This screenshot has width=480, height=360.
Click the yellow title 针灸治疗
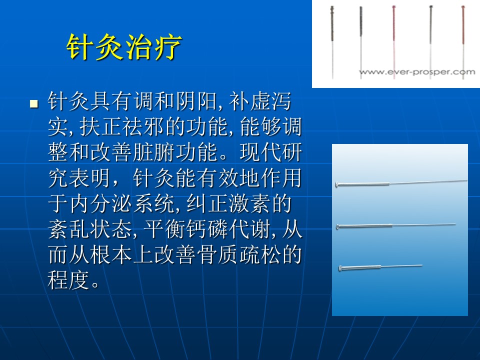[124, 47]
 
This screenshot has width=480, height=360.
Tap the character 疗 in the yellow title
[168, 47]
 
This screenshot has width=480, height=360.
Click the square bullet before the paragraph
[34, 104]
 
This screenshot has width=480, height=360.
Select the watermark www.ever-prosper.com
[417, 72]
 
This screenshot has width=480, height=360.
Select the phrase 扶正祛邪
[121, 126]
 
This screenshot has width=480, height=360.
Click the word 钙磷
[206, 229]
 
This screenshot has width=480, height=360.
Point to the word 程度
[68, 280]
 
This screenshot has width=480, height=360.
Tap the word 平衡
[164, 229]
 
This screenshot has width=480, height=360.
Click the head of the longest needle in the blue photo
[337, 184]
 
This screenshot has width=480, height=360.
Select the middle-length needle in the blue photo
[396, 226]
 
